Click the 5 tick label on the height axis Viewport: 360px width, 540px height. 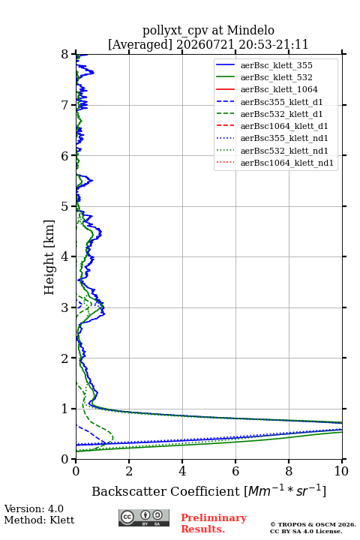(x=64, y=206)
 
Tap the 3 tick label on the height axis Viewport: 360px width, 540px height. (x=64, y=307)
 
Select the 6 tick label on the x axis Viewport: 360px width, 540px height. (x=235, y=471)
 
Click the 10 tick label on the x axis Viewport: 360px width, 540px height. (x=342, y=471)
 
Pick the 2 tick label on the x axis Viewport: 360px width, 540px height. (x=129, y=471)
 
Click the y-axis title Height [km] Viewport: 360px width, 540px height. (x=49, y=257)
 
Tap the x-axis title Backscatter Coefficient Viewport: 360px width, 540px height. (x=166, y=491)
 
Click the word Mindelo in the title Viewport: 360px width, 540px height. (x=250, y=30)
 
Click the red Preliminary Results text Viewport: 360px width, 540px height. (x=214, y=523)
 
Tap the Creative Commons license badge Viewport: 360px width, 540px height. (x=144, y=518)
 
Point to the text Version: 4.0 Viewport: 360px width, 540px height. (x=34, y=508)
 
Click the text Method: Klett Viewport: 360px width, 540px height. (x=39, y=520)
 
